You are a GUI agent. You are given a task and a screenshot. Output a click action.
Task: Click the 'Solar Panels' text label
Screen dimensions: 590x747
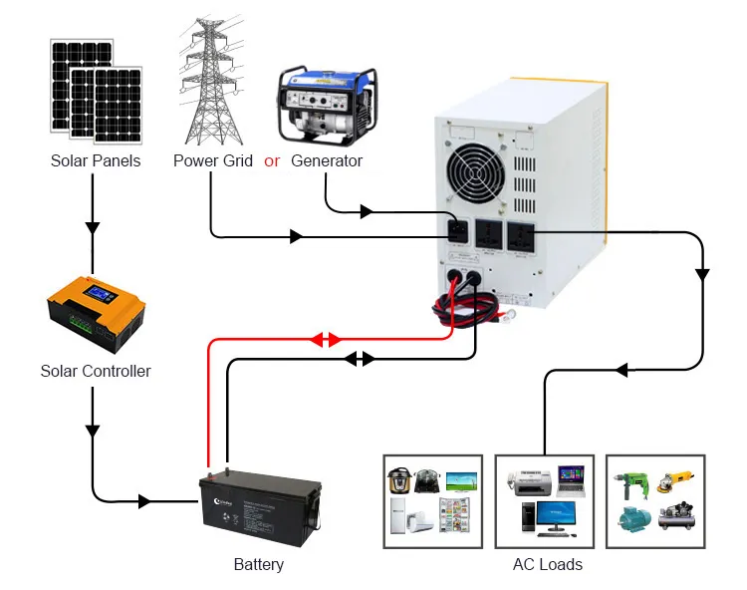point(96,160)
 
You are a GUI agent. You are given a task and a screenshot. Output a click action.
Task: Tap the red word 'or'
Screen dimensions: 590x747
point(272,160)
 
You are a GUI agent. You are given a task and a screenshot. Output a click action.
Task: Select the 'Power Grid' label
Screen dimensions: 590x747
point(213,160)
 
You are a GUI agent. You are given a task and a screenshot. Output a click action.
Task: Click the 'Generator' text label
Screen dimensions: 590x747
point(327,160)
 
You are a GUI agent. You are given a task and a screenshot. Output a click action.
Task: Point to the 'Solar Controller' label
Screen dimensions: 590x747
point(96,371)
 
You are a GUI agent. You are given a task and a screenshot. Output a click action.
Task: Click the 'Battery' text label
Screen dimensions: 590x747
point(259,564)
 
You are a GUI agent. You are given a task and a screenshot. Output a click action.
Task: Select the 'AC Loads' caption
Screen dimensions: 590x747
point(548,564)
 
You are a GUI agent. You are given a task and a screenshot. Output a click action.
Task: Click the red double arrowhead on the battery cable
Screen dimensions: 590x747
point(326,340)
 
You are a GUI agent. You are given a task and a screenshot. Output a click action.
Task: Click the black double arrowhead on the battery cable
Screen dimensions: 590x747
point(359,358)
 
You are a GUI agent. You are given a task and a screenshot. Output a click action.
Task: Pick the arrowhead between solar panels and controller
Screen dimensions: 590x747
point(93,227)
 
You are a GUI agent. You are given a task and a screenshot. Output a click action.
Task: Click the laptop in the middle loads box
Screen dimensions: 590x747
point(571,479)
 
